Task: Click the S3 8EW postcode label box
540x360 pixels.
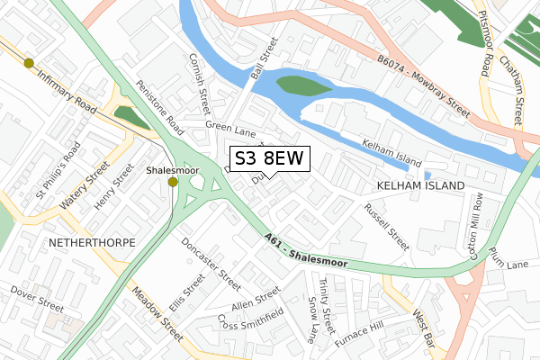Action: [x=271, y=159]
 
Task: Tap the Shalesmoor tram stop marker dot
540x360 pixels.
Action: [x=173, y=182]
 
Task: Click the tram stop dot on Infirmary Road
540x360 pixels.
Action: [x=29, y=63]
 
